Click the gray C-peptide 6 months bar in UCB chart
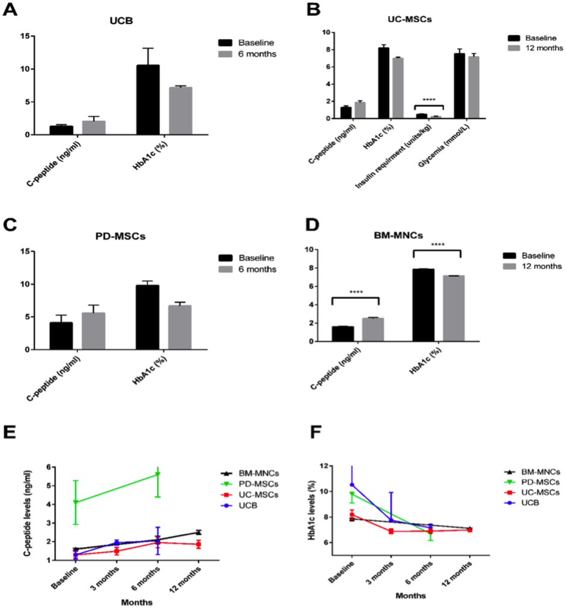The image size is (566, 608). coord(93,127)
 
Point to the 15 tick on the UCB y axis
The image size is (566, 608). coord(26,36)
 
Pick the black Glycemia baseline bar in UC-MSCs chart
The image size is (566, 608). coord(459,86)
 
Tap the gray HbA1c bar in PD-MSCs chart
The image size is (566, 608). coord(180,327)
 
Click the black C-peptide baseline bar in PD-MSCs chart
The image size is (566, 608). coord(61,336)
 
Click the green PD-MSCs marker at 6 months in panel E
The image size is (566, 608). coord(158,474)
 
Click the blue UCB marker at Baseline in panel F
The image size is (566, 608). coord(352,485)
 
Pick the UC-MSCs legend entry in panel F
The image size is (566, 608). coord(537,492)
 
